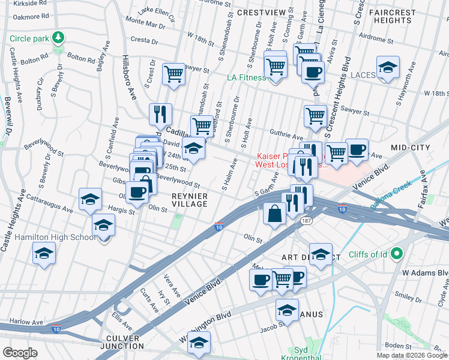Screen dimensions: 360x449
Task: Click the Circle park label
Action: (x=29, y=40)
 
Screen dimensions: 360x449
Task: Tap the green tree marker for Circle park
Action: (x=58, y=38)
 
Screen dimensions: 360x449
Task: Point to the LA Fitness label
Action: (x=246, y=77)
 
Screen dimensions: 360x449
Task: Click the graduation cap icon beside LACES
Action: (x=388, y=68)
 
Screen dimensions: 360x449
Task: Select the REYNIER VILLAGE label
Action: (x=190, y=200)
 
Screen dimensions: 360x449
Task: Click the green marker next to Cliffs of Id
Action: (x=396, y=254)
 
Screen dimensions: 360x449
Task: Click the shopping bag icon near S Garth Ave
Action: (x=274, y=213)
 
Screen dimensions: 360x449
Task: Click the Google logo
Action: (x=20, y=353)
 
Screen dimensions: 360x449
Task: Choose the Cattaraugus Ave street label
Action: (x=47, y=196)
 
